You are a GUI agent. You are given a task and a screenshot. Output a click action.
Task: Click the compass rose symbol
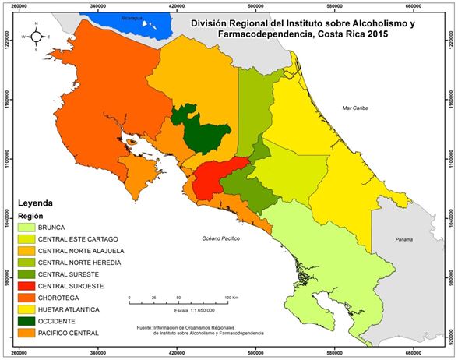coord(36,37)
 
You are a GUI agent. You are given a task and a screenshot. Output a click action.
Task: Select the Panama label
coord(404,238)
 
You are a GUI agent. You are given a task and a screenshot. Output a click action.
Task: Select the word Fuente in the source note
coord(145,328)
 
